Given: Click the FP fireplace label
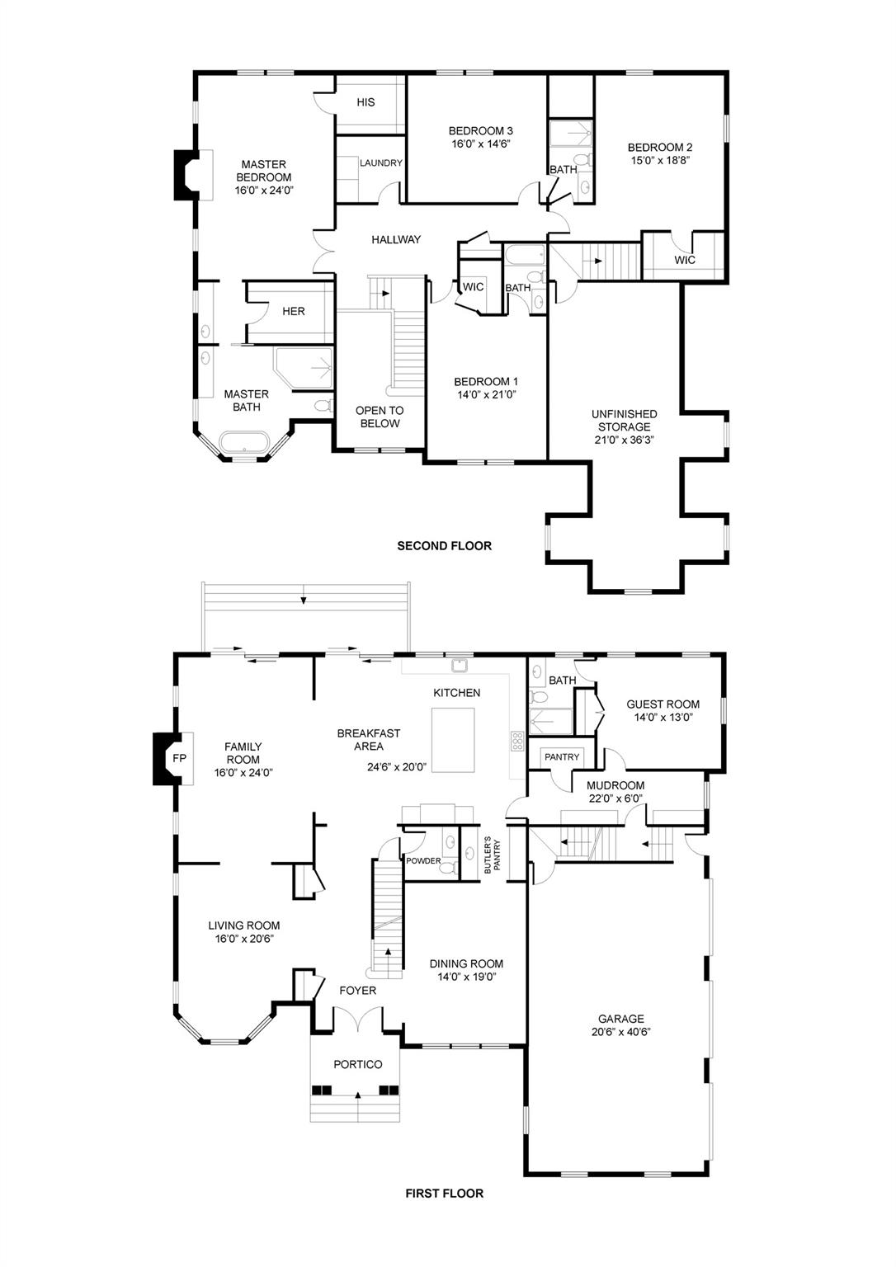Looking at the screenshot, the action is pos(179,759).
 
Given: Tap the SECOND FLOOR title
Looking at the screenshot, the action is pos(444,546).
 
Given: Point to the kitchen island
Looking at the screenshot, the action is pos(452,740).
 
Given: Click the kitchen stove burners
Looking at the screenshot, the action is pos(517,740).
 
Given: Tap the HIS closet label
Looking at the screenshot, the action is pos(365,102).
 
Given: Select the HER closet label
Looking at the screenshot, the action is pos(294,311).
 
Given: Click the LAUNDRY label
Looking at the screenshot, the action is pos(380,162).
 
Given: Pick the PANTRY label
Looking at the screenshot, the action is pos(562,756).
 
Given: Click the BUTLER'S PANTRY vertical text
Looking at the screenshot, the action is pos(492,854).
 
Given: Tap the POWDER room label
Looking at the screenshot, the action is pos(423,861).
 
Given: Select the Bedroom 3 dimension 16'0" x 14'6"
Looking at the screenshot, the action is pos(481,144).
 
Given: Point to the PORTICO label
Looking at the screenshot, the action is pos(357,1065).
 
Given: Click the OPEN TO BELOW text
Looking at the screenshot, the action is pos(380,417).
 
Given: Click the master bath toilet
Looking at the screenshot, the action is pos(323,405).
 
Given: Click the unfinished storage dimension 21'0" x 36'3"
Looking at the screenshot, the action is pos(624,440).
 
